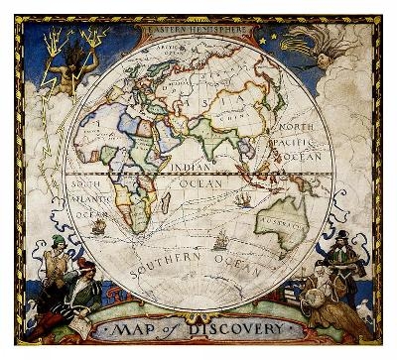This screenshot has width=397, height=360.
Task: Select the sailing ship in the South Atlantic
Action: pos(98,226)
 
